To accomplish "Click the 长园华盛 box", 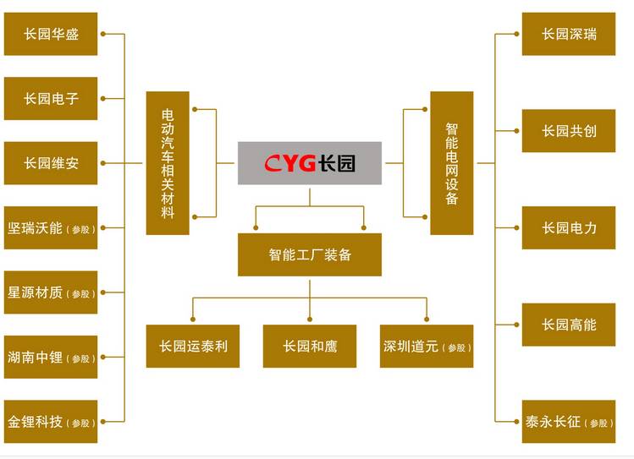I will coord(51,35).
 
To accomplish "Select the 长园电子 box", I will coord(51,99).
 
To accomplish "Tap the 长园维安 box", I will coord(51,163).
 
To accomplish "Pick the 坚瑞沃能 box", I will coord(51,228).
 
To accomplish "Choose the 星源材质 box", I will coord(51,292).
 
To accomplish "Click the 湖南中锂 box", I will coord(51,357).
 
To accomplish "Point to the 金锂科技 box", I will coord(51,422).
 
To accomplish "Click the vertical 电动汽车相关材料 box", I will coord(168,163).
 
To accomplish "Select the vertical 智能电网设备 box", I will coord(451,163).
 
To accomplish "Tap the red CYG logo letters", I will coord(289,163).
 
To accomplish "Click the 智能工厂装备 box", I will coord(310,254).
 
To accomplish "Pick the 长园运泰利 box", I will coord(193,347).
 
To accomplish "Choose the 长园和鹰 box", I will coord(310,347).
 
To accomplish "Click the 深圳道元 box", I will coord(427,347).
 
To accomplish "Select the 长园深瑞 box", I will coord(569,35).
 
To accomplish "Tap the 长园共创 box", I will coord(569,131).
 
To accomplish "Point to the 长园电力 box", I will coord(569,228).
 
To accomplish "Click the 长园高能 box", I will coord(569,325).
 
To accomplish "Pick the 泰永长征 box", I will coord(569,422).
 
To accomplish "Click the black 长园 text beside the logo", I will coord(338,163).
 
